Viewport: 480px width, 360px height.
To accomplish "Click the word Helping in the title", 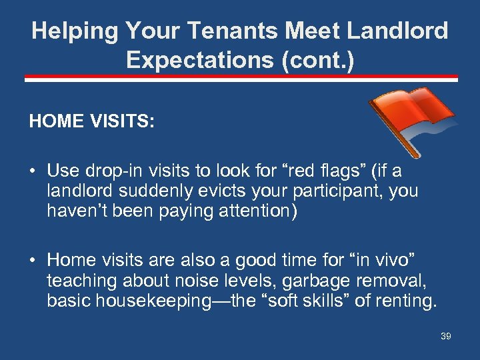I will [x=72, y=31].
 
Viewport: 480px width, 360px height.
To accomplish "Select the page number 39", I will [x=445, y=337].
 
